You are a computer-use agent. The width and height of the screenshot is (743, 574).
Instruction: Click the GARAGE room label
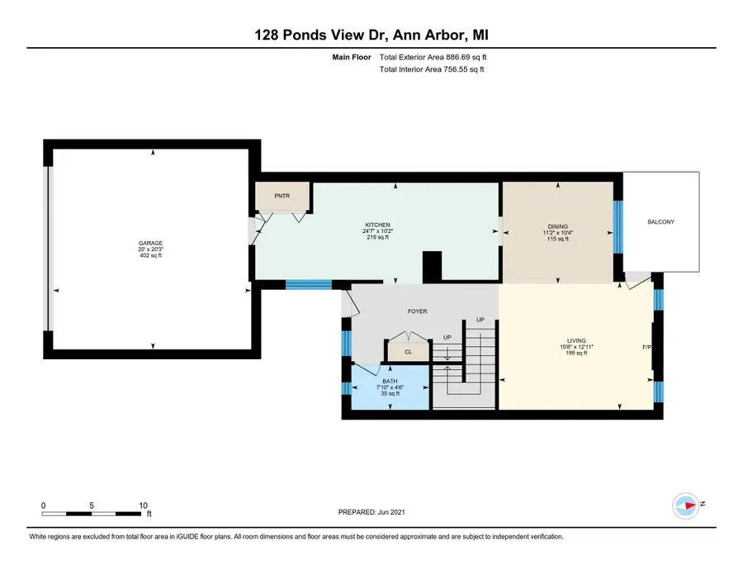click(x=151, y=243)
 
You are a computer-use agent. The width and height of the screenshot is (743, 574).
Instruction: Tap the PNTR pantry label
click(x=282, y=196)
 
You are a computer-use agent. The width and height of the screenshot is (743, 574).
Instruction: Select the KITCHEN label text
click(x=377, y=225)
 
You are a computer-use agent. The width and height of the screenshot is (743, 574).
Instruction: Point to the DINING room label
click(x=558, y=226)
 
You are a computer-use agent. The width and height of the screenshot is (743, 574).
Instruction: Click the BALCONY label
click(x=660, y=222)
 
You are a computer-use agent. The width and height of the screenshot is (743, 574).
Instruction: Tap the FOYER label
click(x=418, y=311)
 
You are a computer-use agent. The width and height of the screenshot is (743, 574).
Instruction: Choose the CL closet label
click(x=409, y=352)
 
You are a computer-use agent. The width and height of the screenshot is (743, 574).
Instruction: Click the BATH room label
click(x=390, y=381)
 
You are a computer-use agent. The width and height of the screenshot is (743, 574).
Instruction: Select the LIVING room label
click(x=576, y=341)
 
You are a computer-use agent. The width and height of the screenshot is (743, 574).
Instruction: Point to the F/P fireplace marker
click(x=646, y=348)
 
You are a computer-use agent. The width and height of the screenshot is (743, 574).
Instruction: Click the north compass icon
click(x=686, y=505)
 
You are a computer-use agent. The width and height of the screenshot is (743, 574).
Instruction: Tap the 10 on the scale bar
click(x=143, y=505)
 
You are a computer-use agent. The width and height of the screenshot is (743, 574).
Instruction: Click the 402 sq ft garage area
click(x=151, y=255)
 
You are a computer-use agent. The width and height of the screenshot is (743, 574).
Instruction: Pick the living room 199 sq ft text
click(x=576, y=353)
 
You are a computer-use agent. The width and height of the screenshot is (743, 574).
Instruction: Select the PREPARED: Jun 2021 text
click(x=371, y=512)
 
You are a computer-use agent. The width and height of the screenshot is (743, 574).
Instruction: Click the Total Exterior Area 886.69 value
click(x=433, y=57)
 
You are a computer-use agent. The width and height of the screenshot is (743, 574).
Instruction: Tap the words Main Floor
click(x=352, y=57)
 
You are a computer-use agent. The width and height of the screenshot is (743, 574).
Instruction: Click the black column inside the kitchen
click(x=432, y=267)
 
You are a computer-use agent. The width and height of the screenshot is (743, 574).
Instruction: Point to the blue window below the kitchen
click(x=309, y=284)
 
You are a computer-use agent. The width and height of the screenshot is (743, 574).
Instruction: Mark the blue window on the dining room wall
click(x=618, y=227)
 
